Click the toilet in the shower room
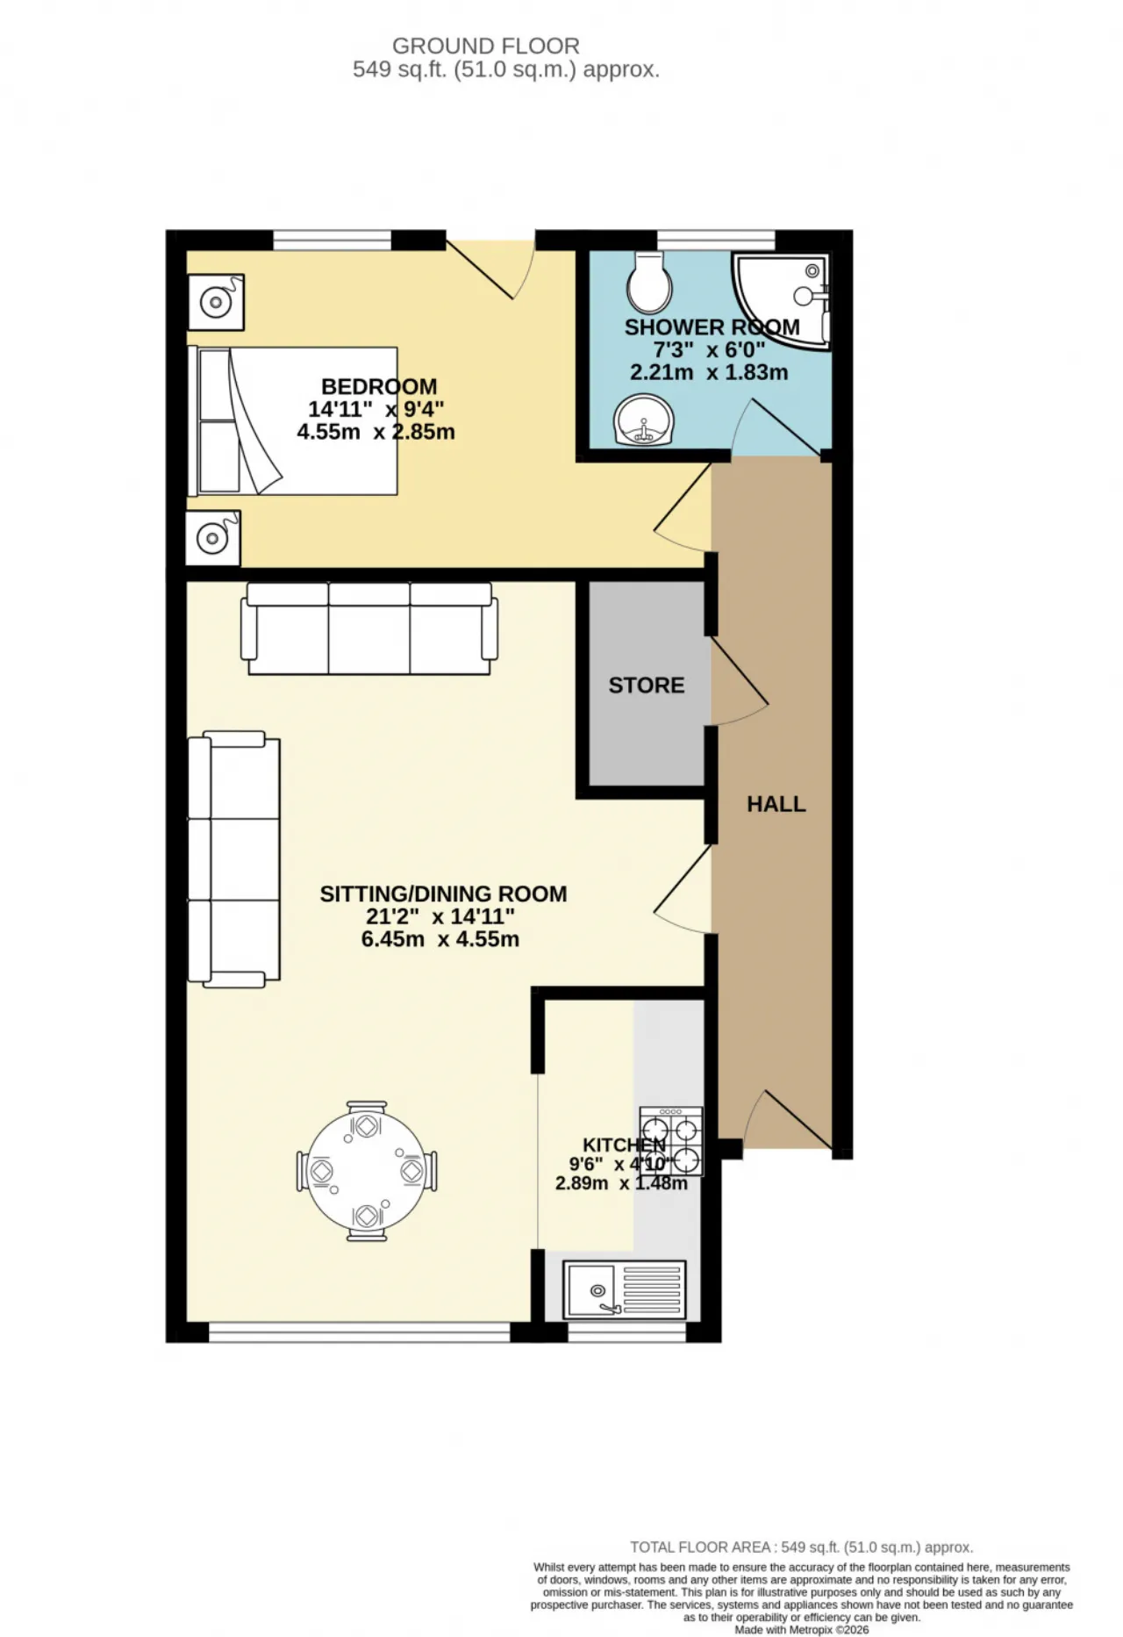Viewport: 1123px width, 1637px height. pos(650,282)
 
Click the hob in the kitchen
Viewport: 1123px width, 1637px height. pos(671,1141)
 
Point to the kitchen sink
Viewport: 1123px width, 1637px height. pos(624,1289)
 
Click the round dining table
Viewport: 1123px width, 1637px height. pos(366,1171)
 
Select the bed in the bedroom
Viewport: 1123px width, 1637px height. pos(293,420)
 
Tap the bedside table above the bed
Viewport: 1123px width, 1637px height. pos(216,302)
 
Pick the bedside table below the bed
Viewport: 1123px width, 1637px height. pos(213,537)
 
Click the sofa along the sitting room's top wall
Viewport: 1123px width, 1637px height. pos(369,628)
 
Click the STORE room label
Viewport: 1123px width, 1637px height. pos(647,685)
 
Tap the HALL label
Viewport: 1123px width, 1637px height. pos(776,804)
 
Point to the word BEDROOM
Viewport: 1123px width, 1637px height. pos(379,386)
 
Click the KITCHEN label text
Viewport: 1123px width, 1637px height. pos(625,1145)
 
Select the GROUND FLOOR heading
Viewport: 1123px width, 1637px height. pos(486,46)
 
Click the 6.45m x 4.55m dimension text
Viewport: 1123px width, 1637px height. pos(440,939)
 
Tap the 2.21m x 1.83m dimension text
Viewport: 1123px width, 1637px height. pos(709,372)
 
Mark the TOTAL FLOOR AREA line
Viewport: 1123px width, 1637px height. pos(802,1547)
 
